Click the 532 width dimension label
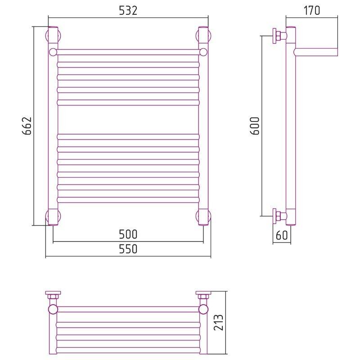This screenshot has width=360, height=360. coord(128,10)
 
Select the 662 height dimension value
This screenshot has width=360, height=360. coord(27,126)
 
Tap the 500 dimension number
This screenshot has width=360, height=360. coord(128,234)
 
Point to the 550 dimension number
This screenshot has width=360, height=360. coord(128,249)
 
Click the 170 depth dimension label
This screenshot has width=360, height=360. coord(311,10)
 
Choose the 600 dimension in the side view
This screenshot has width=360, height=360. coord(255,126)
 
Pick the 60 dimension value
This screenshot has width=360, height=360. coord(282,235)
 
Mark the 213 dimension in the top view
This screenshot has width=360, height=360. coord(218,323)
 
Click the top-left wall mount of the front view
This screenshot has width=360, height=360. coord(53,36)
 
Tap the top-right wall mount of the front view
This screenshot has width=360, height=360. coord(203,36)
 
